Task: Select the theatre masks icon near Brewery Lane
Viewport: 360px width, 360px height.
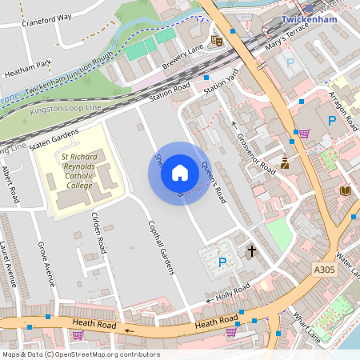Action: tap(215, 39)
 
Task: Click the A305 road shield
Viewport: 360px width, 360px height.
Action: tap(325, 271)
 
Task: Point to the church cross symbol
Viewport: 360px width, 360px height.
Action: tap(251, 251)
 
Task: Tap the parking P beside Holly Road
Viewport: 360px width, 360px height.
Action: tap(222, 262)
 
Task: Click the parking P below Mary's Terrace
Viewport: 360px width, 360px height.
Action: tap(290, 62)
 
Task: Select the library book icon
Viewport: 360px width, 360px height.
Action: tap(345, 190)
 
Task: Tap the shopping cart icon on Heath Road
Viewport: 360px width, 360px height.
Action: tap(231, 331)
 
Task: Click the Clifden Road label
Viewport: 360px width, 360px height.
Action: tap(99, 233)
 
